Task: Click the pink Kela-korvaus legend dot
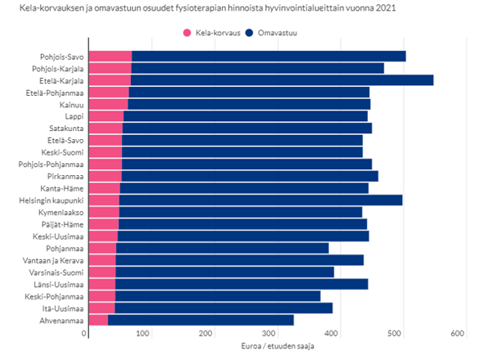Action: click(187, 34)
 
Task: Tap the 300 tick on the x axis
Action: click(271, 333)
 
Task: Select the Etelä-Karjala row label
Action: click(63, 80)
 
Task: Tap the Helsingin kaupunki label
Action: click(55, 200)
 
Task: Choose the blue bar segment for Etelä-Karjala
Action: click(282, 80)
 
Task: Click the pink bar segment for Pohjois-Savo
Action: click(111, 56)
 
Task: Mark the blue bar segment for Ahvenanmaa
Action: click(200, 320)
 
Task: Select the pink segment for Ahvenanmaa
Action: click(99, 320)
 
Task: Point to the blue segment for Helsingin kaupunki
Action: click(260, 200)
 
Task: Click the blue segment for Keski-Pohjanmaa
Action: click(218, 296)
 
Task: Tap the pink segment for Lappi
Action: click(106, 116)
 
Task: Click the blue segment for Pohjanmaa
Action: click(222, 248)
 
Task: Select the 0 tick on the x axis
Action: click(86, 333)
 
